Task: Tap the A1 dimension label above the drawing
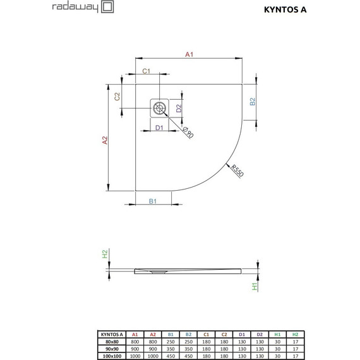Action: coord(188,56)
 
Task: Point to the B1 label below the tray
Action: coord(152,201)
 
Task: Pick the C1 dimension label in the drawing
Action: coord(145,71)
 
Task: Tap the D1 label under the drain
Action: coord(159,128)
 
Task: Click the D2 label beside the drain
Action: coord(179,108)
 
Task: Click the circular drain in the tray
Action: coord(159,108)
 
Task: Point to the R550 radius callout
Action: coord(237,171)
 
